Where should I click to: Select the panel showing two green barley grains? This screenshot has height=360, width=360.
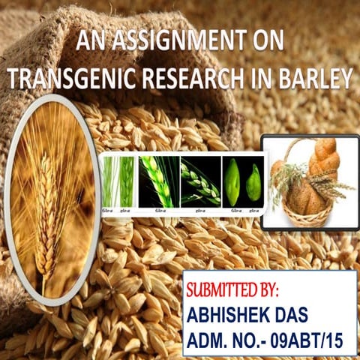pyautogui.click(x=244, y=181)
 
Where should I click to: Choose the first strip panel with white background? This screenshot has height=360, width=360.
pyautogui.click(x=120, y=181)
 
